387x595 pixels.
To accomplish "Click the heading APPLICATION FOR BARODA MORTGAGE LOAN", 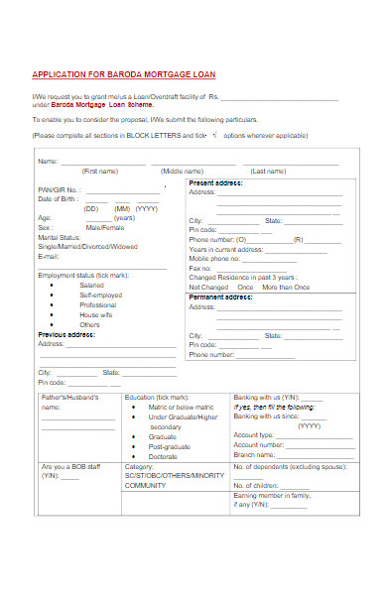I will [124, 74].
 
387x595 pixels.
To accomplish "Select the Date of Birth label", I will [58, 199].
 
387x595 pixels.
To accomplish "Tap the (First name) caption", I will [99, 172].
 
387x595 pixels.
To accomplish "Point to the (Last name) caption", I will [268, 172].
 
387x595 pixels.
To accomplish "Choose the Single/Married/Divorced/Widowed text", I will [87, 245].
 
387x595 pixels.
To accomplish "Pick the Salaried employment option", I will [91, 285].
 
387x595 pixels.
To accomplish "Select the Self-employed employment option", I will [99, 295].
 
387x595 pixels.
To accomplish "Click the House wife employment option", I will [96, 314].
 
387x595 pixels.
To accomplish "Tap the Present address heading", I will [215, 183].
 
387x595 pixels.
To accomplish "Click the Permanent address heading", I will [220, 297].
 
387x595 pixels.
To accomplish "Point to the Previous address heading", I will [65, 334].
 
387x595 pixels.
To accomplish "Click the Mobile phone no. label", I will [218, 258].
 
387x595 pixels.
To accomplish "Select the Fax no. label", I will [200, 268].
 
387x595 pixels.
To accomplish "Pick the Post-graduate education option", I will [169, 446].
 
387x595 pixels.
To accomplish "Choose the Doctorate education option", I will [163, 456].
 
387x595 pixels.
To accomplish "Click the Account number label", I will [259, 445].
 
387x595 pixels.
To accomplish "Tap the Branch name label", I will [255, 455].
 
